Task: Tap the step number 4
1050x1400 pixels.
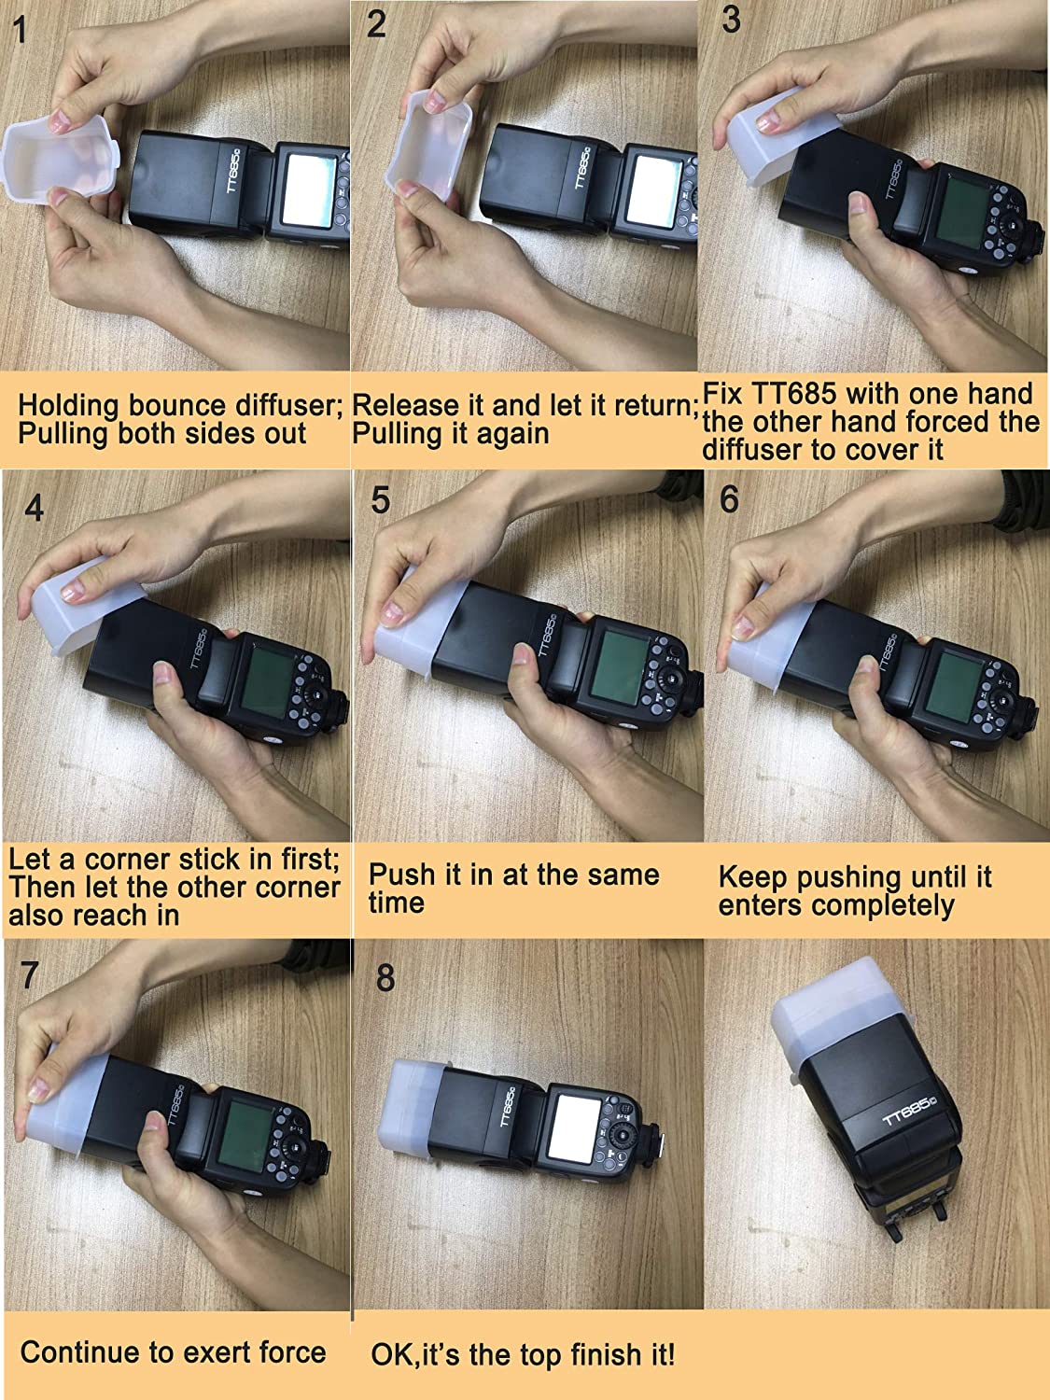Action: (x=35, y=509)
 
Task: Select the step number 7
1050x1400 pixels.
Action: (x=29, y=976)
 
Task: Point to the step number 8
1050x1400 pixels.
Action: (x=385, y=977)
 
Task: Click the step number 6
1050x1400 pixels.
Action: (x=729, y=498)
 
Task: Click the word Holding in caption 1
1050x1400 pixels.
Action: (x=68, y=406)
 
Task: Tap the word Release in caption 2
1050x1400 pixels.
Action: (x=404, y=406)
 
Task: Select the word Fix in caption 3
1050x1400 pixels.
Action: (x=723, y=394)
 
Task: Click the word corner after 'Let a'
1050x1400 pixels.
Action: (x=128, y=860)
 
